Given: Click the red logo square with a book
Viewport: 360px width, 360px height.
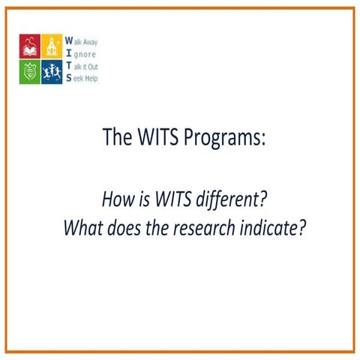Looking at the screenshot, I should [30, 46].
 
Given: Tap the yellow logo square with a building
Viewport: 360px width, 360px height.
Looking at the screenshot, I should [52, 46].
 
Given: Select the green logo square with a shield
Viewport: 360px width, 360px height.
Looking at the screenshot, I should [30, 71].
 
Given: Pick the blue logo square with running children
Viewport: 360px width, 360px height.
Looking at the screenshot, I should [52, 71].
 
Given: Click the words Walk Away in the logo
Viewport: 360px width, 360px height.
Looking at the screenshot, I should [82, 42].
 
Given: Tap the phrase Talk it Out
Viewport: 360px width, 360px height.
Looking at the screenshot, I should [83, 66].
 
